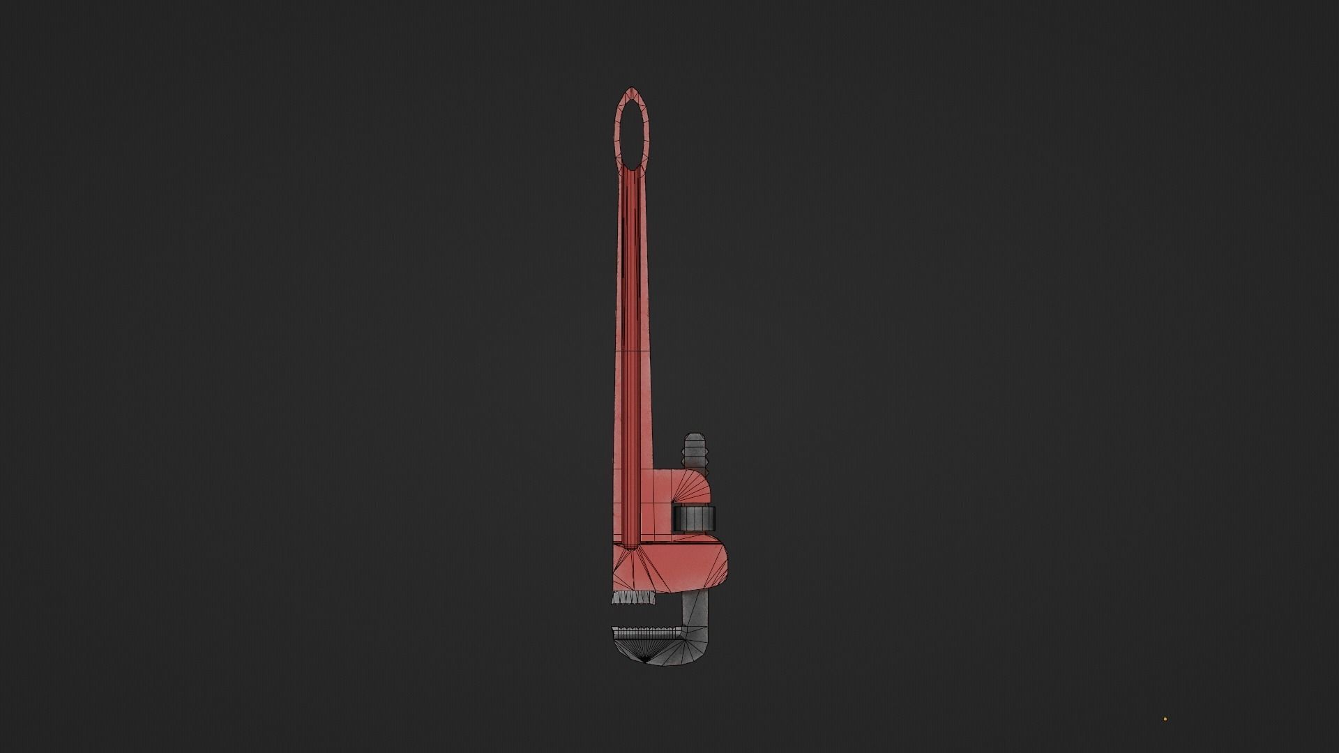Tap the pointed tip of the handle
point(632,89)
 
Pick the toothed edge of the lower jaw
point(645,632)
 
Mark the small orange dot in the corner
point(1165,720)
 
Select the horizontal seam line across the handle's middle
point(632,351)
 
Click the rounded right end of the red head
point(727,565)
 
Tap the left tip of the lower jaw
point(614,632)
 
